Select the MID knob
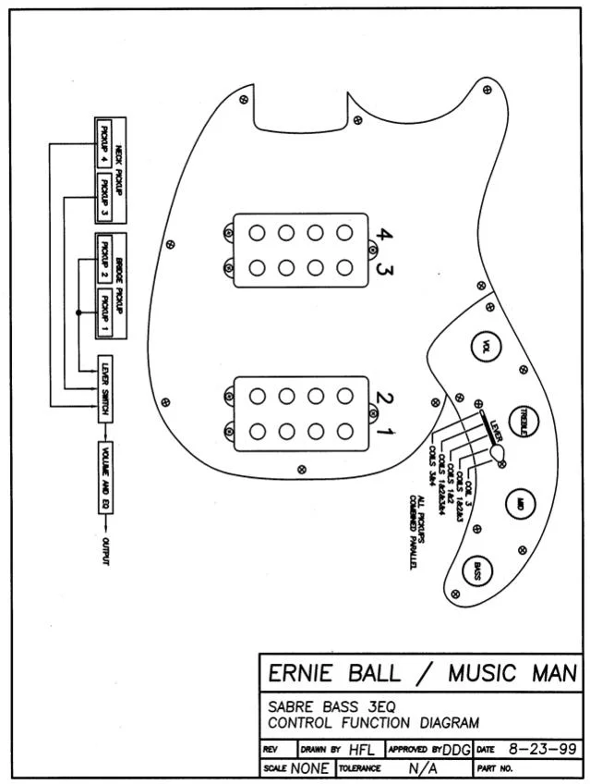(x=521, y=504)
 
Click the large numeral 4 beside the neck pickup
(x=385, y=237)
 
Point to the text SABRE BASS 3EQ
(x=319, y=707)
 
